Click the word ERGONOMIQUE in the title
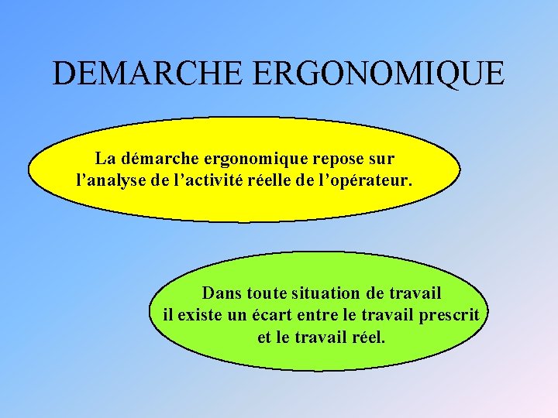tap(379, 74)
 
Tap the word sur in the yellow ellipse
tap(381, 159)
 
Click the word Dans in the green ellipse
tap(221, 293)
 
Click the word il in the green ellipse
tap(167, 316)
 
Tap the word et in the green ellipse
tap(263, 338)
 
